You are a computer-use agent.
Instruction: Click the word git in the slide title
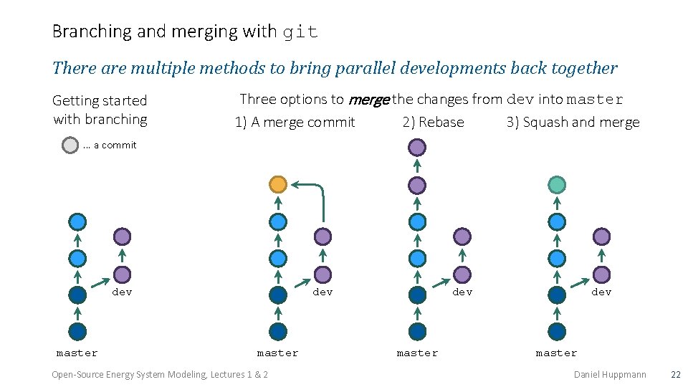[x=300, y=32]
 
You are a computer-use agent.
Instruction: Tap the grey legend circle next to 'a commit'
[x=70, y=145]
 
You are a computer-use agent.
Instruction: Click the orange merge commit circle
[x=278, y=185]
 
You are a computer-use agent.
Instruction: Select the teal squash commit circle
[x=556, y=185]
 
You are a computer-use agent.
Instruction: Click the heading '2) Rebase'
[x=433, y=123]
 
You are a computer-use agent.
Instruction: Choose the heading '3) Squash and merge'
[x=573, y=123]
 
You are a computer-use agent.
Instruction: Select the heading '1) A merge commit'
[x=295, y=123]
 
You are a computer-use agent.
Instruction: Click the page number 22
[x=674, y=375]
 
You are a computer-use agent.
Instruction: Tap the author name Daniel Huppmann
[x=610, y=375]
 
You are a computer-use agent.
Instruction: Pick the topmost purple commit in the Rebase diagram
[x=416, y=148]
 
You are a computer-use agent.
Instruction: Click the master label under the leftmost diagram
[x=77, y=353]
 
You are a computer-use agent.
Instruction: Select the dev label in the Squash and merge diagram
[x=601, y=292]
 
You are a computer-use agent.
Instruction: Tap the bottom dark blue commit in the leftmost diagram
[x=77, y=331]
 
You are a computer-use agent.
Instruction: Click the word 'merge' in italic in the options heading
[x=368, y=100]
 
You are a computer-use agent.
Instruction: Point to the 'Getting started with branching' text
[x=100, y=110]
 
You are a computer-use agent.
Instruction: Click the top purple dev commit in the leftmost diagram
[x=122, y=236]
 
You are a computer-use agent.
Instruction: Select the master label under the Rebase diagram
[x=417, y=353]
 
